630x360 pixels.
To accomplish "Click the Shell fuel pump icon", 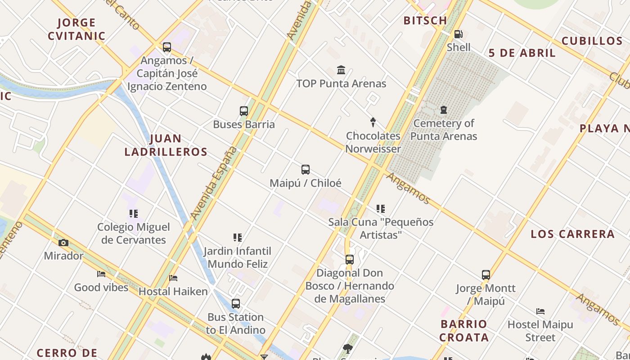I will pos(458,34).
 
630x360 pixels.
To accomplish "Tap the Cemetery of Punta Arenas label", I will pos(444,130).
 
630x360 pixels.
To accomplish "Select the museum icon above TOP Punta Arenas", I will pos(341,70).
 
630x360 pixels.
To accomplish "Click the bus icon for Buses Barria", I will pos(243,111).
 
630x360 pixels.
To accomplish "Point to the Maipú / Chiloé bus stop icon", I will pos(306,170).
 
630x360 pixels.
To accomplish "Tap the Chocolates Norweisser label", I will pos(373,142).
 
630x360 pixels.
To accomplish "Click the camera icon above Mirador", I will pos(63,243).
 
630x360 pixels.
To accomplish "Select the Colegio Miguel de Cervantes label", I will pos(134,234).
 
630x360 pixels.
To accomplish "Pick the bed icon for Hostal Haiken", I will pos(173,278).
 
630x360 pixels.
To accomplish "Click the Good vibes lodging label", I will pos(101,287).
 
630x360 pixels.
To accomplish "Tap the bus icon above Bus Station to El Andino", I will pos(236,304).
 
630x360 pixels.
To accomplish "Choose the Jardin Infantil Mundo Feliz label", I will pos(238,257).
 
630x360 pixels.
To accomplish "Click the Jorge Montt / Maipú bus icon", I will pos(486,275).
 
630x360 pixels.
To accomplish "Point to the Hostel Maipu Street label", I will pos(540,331).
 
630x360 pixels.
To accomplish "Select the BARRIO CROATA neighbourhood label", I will pos(464,331).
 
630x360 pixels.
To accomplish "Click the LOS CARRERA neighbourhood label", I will pos(572,234).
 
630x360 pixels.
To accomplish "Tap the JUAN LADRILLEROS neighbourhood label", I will pos(166,145).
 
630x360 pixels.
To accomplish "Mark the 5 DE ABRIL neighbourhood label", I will pos(522,53).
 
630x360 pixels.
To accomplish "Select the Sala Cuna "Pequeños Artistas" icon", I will pos(381,209).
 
